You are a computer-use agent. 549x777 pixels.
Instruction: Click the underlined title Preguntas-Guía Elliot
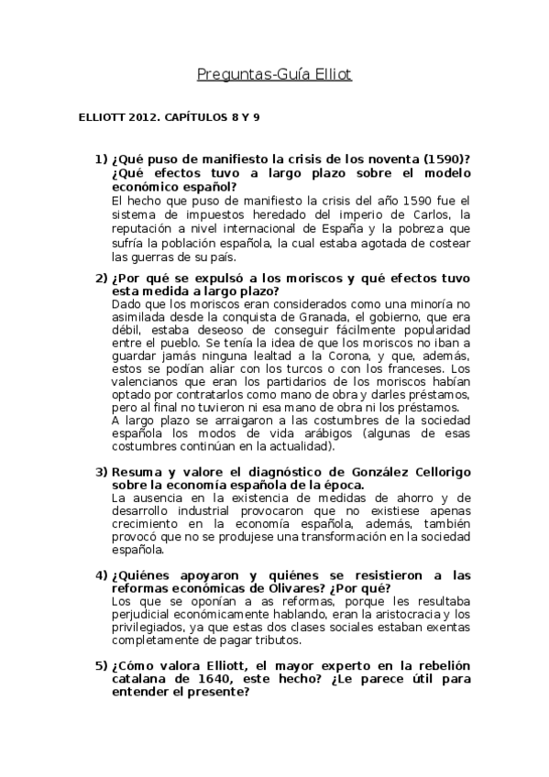[x=274, y=74]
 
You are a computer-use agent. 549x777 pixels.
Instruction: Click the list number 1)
[x=100, y=159]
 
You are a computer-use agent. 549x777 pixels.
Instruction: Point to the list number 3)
[x=100, y=472]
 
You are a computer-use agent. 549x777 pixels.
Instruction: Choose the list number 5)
[x=100, y=664]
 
